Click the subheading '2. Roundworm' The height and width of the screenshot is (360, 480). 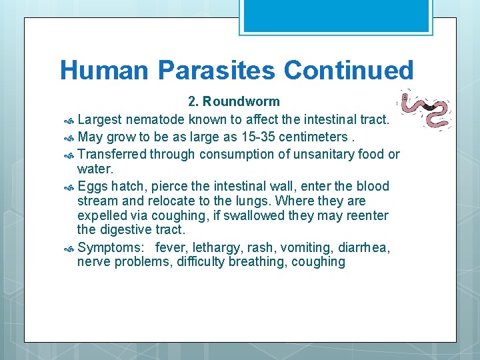click(x=234, y=102)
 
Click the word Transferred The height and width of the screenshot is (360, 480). click(x=111, y=155)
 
